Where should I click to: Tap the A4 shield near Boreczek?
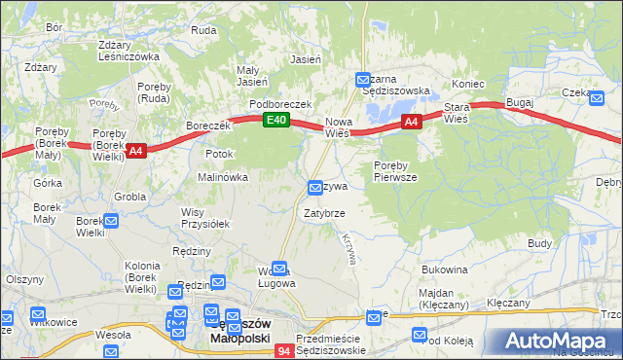coord(135,150)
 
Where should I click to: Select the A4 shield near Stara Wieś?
coord(411,122)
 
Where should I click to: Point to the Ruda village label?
coord(203,30)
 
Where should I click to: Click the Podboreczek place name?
coord(279,103)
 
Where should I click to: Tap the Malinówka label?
coord(223,177)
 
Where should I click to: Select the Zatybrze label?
coord(323,211)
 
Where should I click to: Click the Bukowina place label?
coord(445,269)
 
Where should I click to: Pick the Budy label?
coord(540,242)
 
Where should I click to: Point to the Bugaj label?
coord(520,101)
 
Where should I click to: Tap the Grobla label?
coord(128,196)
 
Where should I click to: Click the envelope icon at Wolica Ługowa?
coord(280,268)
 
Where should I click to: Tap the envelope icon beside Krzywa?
coord(315,186)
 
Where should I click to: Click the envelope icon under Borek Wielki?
coord(110,221)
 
